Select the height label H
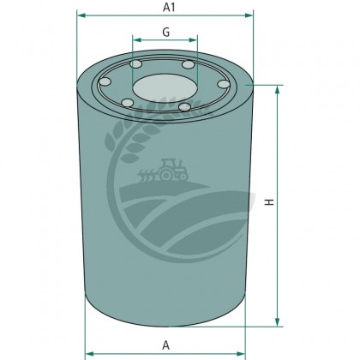pos(268,202)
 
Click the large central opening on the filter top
pos(164,86)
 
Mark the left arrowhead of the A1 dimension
pos(80,15)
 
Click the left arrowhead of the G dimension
pos(135,39)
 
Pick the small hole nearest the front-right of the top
pos(184,106)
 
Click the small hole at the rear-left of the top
pos(135,67)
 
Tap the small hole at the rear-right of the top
pos(189,66)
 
